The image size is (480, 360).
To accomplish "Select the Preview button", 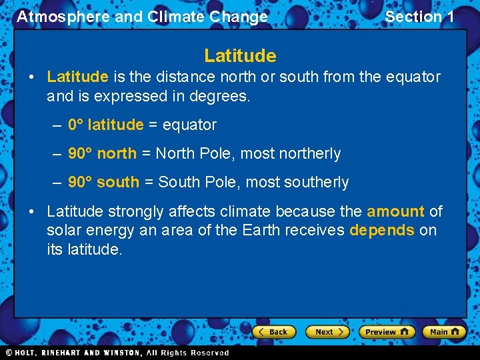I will tap(387, 331).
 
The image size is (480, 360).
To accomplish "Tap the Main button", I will tap(444, 331).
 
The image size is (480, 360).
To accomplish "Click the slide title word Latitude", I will tap(240, 55).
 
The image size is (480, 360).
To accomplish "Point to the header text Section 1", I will tap(419, 17).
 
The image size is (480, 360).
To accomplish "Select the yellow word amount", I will tap(395, 211).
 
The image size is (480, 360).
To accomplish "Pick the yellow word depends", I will tap(382, 230).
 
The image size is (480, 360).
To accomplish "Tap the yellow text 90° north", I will tap(102, 154).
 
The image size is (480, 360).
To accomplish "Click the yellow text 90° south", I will tap(103, 182).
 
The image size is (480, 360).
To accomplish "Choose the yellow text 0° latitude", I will tap(105, 125).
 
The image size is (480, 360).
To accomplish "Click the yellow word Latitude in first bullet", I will tap(77, 77).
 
